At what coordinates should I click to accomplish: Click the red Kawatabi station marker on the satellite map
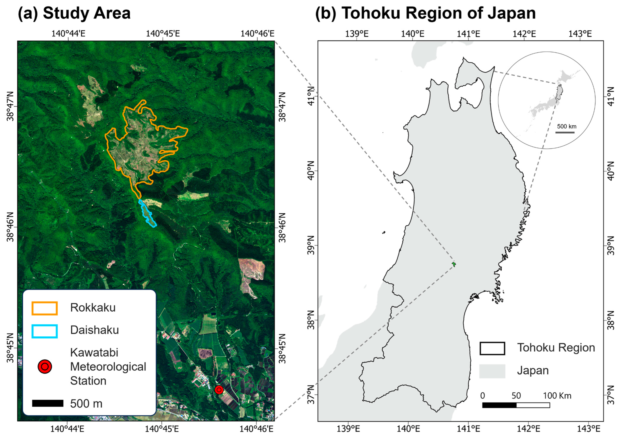(x=219, y=390)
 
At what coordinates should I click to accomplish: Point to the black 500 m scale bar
(x=48, y=403)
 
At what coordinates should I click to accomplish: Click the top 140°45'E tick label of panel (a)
(x=163, y=34)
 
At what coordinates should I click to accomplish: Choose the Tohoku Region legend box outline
(x=492, y=348)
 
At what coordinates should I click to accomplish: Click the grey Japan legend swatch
(x=492, y=371)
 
